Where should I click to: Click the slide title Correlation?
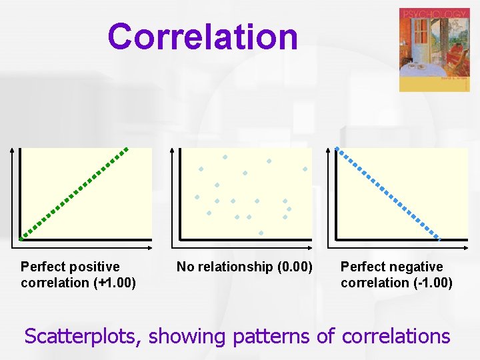click(x=203, y=37)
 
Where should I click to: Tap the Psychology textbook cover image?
click(x=434, y=50)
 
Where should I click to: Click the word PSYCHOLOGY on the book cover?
click(x=433, y=14)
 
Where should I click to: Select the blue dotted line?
click(x=387, y=193)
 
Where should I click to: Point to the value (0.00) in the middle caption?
click(x=293, y=267)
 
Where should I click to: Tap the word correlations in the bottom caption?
click(x=395, y=336)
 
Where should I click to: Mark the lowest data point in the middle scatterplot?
click(x=261, y=233)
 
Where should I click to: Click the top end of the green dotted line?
click(x=128, y=148)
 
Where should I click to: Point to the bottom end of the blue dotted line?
click(x=439, y=237)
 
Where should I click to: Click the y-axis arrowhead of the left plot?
click(x=11, y=151)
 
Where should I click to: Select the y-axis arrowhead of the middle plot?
click(x=171, y=151)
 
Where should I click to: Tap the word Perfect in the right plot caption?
click(x=361, y=267)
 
